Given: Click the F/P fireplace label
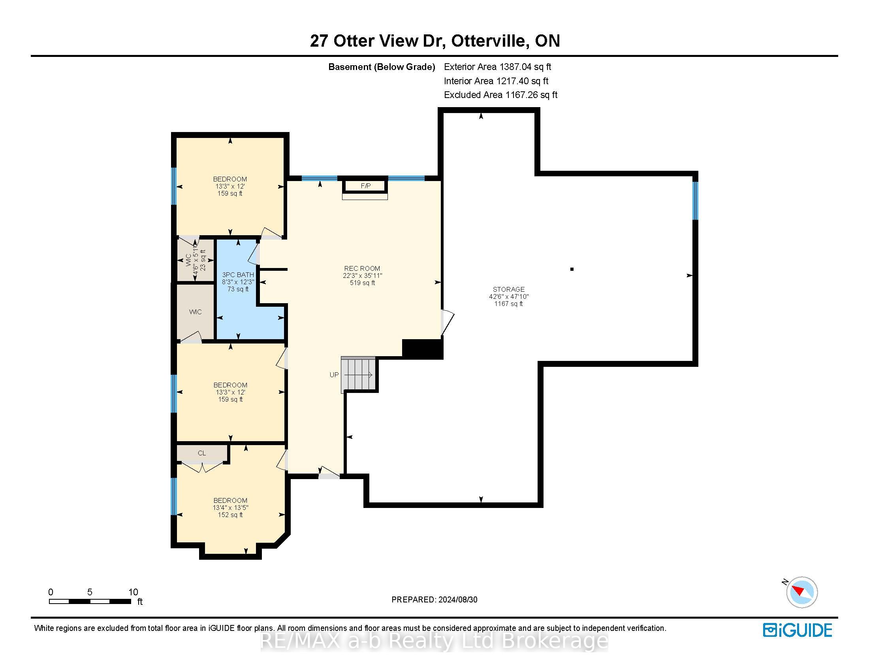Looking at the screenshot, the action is click(x=366, y=186).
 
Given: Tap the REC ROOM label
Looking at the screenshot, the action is click(x=362, y=268).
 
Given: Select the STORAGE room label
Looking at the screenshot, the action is click(x=508, y=289).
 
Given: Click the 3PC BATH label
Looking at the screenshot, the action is click(x=238, y=275).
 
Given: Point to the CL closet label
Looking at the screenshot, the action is click(x=202, y=453).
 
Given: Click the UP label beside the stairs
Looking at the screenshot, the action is click(x=334, y=375).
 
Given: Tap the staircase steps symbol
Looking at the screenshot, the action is click(x=359, y=374).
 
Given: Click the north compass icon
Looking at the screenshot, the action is click(x=801, y=592).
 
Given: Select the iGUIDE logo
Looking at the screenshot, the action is click(x=798, y=630).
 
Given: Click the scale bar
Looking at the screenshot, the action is click(x=90, y=601).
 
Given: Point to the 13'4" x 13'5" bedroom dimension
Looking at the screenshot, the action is click(x=230, y=508).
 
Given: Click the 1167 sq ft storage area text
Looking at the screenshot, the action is click(x=508, y=304).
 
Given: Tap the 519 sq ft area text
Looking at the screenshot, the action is click(x=362, y=283).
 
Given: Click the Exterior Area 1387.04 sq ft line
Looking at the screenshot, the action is click(x=497, y=67).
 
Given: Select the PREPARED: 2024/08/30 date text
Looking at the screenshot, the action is click(x=434, y=600).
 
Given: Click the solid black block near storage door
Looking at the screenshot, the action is click(x=423, y=349).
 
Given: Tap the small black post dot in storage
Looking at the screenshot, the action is click(x=572, y=269).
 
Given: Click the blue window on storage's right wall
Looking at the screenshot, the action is click(x=695, y=201).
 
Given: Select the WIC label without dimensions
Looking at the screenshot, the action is click(x=196, y=312).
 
